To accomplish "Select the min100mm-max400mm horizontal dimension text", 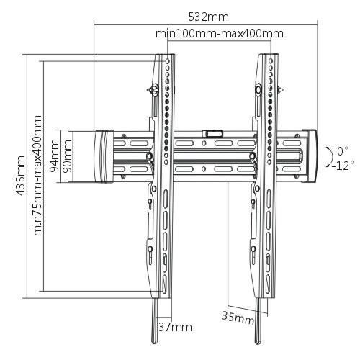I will [x=219, y=33].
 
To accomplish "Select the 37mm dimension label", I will [x=176, y=327].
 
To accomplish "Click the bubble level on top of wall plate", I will [x=212, y=132].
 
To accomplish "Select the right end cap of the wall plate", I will [x=310, y=156].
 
